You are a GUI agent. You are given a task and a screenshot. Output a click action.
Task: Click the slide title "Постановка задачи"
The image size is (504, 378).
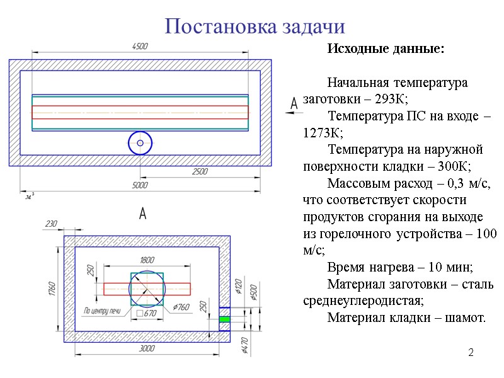point(255,26)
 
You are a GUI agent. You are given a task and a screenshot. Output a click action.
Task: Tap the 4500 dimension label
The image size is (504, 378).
point(139,47)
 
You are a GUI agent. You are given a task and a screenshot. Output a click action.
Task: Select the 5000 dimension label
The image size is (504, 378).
point(139,185)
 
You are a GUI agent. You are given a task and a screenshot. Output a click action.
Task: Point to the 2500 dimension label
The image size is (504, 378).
point(200,171)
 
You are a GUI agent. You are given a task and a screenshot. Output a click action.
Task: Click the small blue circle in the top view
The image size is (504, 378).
point(140,144)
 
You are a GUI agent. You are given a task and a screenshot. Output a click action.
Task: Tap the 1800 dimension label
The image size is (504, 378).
point(147,260)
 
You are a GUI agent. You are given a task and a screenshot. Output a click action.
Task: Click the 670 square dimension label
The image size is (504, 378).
point(146,313)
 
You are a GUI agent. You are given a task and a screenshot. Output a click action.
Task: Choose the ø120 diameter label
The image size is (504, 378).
point(238,287)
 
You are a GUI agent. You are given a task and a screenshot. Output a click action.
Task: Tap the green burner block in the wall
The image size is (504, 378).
point(225,319)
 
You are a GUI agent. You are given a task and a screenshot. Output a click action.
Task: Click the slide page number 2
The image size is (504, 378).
point(470,351)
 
